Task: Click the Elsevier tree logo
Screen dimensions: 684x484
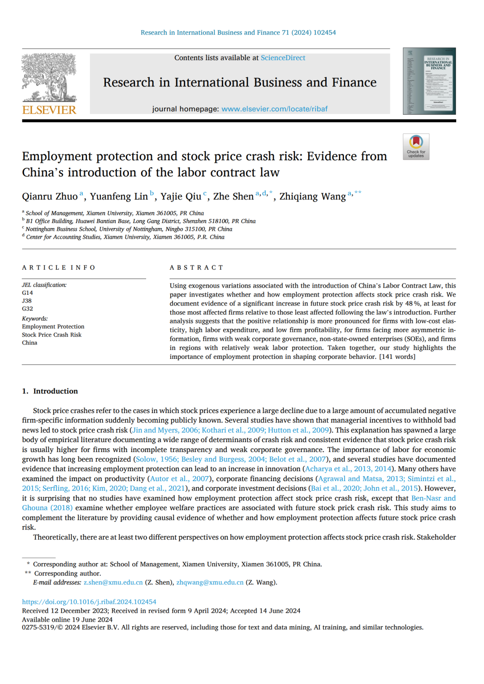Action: click(49, 77)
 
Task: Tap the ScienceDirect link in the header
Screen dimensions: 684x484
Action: click(283, 58)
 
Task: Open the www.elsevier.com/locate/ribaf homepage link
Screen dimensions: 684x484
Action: click(274, 109)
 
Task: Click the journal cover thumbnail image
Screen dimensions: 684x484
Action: click(429, 81)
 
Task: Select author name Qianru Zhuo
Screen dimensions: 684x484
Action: click(50, 197)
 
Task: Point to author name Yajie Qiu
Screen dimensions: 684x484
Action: click(181, 197)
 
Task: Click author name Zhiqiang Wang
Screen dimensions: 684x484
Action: click(312, 197)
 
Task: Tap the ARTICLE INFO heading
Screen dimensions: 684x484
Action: click(59, 267)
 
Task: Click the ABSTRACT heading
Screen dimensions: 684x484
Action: click(196, 267)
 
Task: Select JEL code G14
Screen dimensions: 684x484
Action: click(27, 293)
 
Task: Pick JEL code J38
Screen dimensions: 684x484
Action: click(27, 301)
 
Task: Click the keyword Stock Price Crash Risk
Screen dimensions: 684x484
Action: click(52, 335)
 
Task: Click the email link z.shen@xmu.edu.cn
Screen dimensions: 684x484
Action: click(113, 582)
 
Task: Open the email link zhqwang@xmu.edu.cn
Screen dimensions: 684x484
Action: click(210, 582)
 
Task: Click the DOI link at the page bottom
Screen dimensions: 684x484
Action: click(89, 602)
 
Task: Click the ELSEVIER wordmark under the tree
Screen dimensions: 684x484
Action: click(49, 110)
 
